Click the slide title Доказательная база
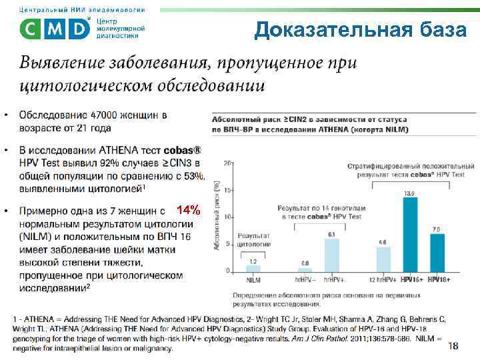pyautogui.click(x=360, y=31)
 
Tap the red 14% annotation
pyautogui.click(x=189, y=211)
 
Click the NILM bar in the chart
pyautogui.click(x=253, y=268)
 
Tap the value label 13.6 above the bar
pyautogui.click(x=409, y=192)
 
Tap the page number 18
pyautogui.click(x=453, y=345)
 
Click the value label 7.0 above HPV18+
pyautogui.click(x=436, y=229)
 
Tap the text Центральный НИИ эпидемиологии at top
pyautogui.click(x=79, y=9)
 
